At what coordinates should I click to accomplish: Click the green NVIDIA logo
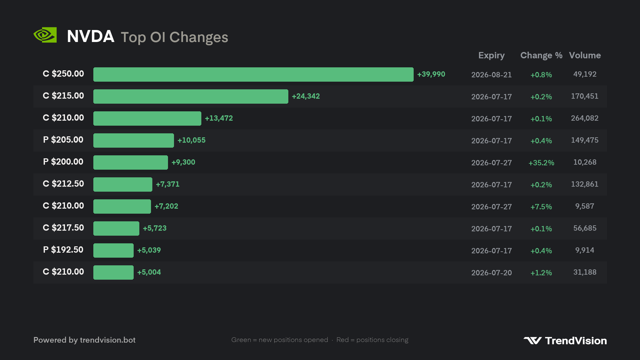click(45, 35)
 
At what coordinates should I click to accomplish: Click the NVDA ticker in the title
click(91, 36)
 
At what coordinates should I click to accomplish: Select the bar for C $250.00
click(253, 74)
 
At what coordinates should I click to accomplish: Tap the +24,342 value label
click(306, 96)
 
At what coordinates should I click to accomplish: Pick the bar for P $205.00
click(134, 140)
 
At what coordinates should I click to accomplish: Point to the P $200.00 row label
click(63, 162)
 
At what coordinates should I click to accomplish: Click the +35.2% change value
click(541, 163)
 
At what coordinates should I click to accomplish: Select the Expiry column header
click(491, 56)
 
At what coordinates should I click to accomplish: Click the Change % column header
click(541, 55)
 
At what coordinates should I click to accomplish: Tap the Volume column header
click(585, 55)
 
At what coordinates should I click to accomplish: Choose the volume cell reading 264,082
click(585, 118)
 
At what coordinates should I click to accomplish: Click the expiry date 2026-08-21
click(491, 75)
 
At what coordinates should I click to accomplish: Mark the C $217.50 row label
click(63, 228)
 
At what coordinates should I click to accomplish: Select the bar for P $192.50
click(113, 250)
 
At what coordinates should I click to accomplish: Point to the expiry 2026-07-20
click(491, 273)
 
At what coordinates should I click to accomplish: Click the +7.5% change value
click(541, 207)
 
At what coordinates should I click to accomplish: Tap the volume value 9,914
click(585, 250)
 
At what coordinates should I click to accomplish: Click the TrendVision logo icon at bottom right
click(532, 341)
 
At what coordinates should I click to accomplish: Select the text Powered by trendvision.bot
click(84, 340)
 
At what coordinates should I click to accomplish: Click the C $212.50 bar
click(123, 184)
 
